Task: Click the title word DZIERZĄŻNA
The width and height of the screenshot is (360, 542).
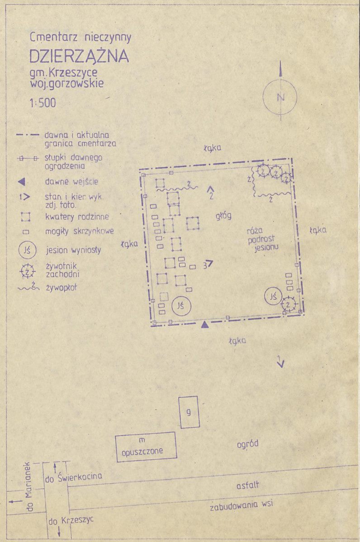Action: pos(79,57)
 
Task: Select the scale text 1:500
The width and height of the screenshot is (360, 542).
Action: pos(43,103)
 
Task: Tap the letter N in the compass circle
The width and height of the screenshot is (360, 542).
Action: pos(280,98)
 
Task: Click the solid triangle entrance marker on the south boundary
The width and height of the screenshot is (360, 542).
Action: pos(205,324)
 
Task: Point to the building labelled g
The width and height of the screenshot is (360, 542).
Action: pos(189,412)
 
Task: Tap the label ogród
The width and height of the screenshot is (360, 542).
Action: pos(247,444)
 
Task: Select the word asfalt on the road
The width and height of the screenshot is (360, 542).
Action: pos(247,485)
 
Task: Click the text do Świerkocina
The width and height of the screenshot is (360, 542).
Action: pos(74,478)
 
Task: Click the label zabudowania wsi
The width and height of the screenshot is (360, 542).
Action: pos(241,505)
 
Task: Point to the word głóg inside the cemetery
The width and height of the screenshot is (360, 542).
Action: pos(223,216)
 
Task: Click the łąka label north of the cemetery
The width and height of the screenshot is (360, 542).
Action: pos(212,148)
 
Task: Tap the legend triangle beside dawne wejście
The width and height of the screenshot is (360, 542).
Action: pos(21,181)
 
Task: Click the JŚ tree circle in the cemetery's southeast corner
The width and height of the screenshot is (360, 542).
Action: pos(273,296)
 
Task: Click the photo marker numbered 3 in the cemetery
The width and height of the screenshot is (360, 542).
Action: pos(208,264)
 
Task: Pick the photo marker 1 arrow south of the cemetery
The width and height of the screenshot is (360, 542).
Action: pos(281,362)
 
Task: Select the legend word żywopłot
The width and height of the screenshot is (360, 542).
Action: pos(62,287)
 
